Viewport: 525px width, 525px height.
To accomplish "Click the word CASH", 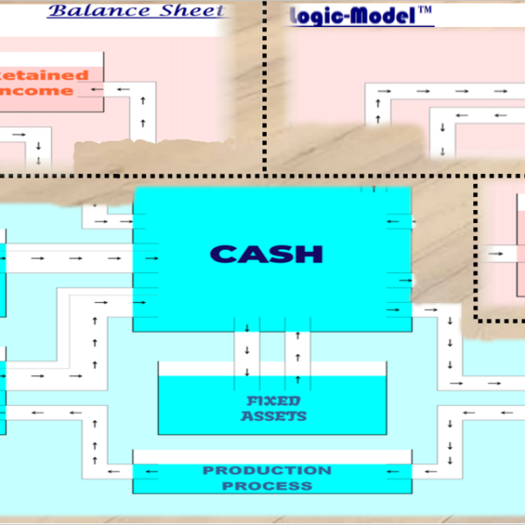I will pyautogui.click(x=267, y=254).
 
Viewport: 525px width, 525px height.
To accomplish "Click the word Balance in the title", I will pyautogui.click(x=85, y=10).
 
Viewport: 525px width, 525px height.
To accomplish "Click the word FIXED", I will pyautogui.click(x=274, y=401).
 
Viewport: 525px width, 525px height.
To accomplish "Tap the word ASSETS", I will pyautogui.click(x=274, y=416).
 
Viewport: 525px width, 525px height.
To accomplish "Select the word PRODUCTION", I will pyautogui.click(x=267, y=470).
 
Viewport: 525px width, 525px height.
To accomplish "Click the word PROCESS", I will pyautogui.click(x=267, y=485).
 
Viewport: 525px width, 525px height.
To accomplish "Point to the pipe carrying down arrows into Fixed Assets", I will pyautogui.click(x=247, y=350).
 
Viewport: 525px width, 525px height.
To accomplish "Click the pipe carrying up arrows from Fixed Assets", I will pyautogui.click(x=297, y=350).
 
